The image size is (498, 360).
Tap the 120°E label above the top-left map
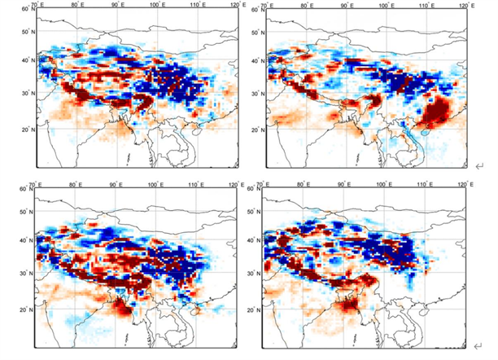pos(229,6)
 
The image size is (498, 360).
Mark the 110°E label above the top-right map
pos(425,6)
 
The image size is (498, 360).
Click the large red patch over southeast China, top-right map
pos(439,110)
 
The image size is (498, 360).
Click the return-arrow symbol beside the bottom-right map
pos(479,348)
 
